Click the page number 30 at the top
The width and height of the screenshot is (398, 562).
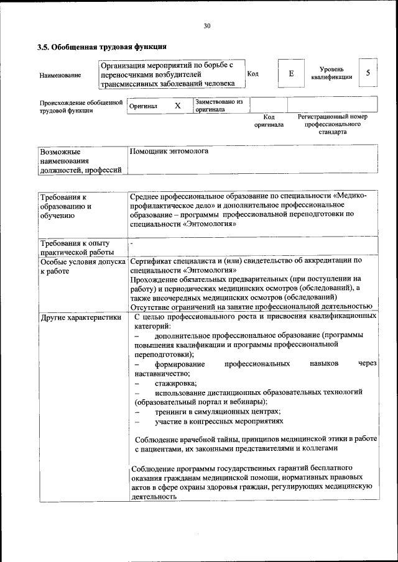click(207, 25)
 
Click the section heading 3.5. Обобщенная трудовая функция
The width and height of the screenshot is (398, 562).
click(101, 47)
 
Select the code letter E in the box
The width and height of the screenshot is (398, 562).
click(291, 73)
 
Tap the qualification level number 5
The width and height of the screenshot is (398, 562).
click(368, 73)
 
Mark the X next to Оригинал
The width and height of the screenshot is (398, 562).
click(177, 106)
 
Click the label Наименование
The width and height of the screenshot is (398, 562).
click(60, 75)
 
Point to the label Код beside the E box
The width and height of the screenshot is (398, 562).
click(253, 74)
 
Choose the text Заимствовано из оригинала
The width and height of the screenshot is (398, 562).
click(218, 105)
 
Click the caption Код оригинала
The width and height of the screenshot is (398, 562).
click(269, 120)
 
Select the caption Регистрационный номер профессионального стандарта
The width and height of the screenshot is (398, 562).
click(332, 124)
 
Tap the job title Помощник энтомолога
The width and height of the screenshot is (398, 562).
click(169, 151)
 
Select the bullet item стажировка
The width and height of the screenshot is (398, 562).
click(176, 383)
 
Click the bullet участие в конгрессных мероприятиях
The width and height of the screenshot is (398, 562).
click(220, 422)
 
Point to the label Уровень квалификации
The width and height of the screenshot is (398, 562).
click(333, 73)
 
